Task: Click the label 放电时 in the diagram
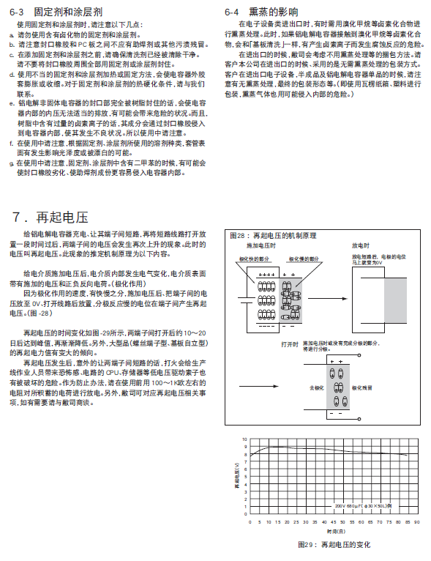point(360,246)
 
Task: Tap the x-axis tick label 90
point(416,523)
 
